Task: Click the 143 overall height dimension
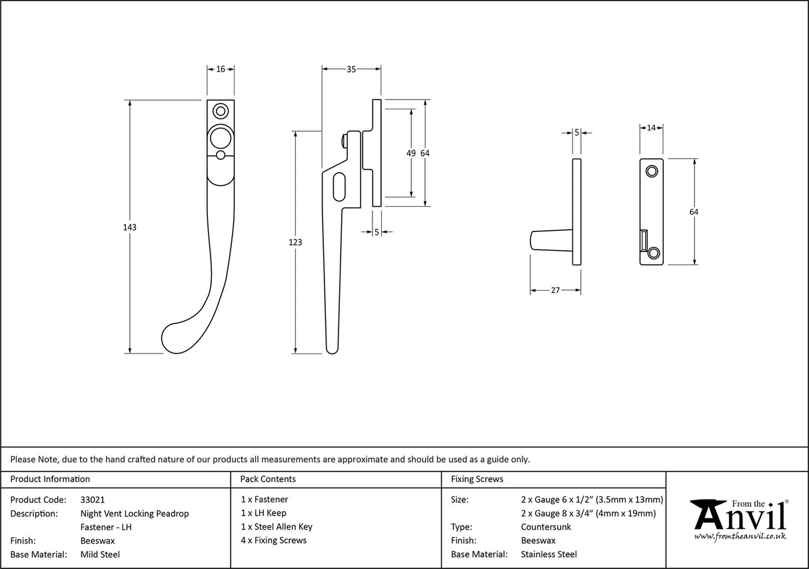tap(129, 227)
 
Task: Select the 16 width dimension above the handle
tap(221, 69)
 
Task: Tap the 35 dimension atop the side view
tap(351, 69)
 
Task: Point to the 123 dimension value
tap(295, 242)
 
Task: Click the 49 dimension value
tap(411, 153)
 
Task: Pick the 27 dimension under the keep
tap(555, 290)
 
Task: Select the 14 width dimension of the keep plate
tap(651, 127)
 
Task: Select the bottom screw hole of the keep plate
tap(654, 252)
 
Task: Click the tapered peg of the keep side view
tap(551, 241)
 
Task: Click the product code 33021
tap(92, 500)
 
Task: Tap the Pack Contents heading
tap(268, 479)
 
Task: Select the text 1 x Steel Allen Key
tap(277, 527)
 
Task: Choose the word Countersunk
tap(546, 527)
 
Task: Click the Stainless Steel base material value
tap(548, 554)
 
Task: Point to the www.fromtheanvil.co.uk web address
tap(740, 536)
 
